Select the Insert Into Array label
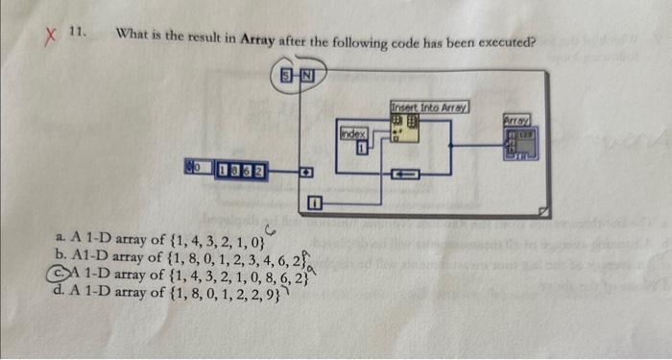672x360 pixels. pyautogui.click(x=429, y=107)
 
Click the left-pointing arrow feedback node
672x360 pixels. pyautogui.click(x=405, y=174)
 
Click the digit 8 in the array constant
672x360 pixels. pyautogui.click(x=234, y=173)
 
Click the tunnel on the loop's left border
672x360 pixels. pyautogui.click(x=305, y=174)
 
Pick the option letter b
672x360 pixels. pyautogui.click(x=61, y=254)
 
